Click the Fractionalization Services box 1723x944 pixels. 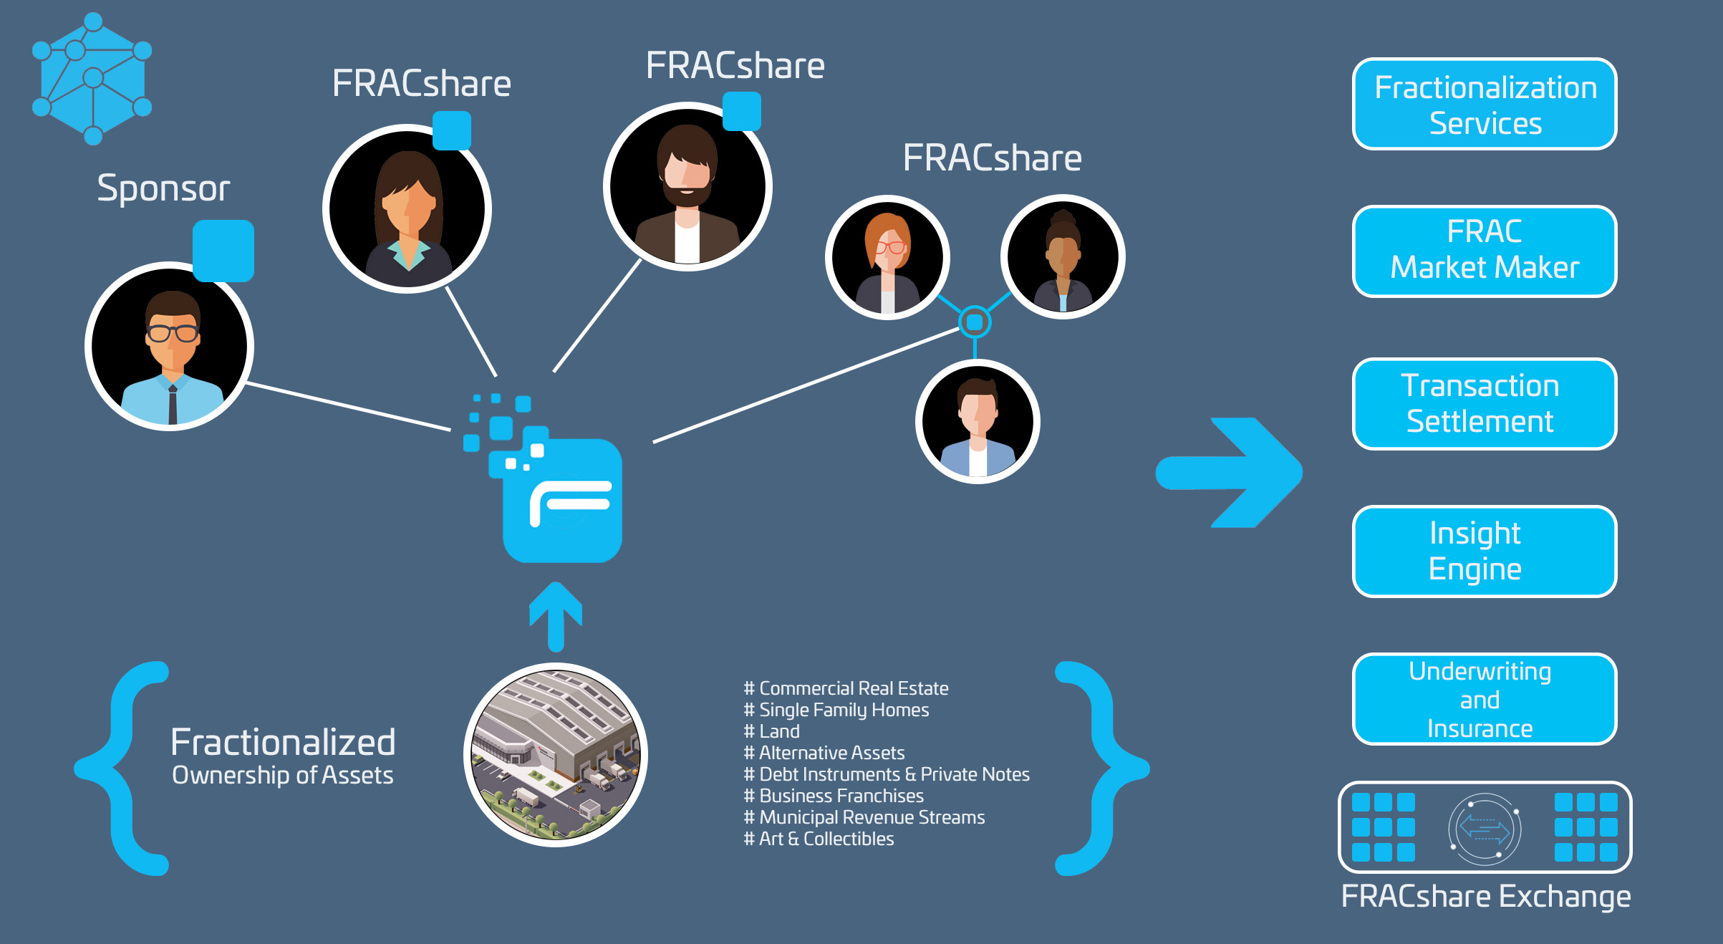(1484, 105)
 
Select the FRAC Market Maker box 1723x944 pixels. (1484, 251)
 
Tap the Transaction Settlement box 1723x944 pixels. (1484, 404)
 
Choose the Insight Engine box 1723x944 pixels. (1484, 552)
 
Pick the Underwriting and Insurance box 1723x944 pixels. (1484, 699)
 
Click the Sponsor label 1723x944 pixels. (163, 188)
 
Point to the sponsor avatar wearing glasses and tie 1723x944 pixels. (170, 346)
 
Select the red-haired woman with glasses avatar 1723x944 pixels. (887, 258)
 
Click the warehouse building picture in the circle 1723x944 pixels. (556, 755)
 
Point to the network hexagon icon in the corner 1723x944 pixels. (92, 78)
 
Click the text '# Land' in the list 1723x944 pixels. (772, 731)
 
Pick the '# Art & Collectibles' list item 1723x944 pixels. (819, 839)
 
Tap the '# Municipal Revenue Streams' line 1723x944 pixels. (864, 817)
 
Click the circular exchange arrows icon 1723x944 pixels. (1484, 829)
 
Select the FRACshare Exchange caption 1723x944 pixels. (1485, 897)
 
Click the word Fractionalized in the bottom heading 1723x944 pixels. (283, 742)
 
